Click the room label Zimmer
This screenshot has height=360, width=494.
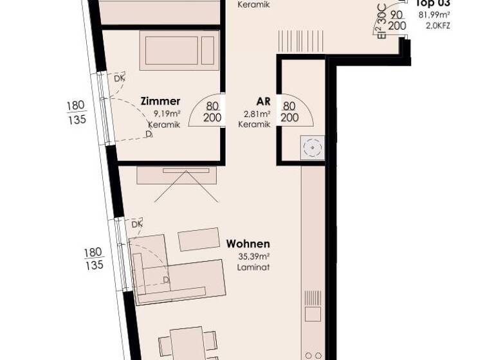[x=161, y=101]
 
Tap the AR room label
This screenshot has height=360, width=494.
[x=262, y=101]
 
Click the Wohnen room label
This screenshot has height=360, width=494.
[x=248, y=244]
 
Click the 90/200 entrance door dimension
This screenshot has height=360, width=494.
[x=398, y=20]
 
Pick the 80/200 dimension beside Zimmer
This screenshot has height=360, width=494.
[x=212, y=112]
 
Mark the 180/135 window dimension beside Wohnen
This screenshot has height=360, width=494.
[x=93, y=258]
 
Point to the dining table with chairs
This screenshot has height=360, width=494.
[x=187, y=344]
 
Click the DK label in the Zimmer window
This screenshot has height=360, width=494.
[x=119, y=78]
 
